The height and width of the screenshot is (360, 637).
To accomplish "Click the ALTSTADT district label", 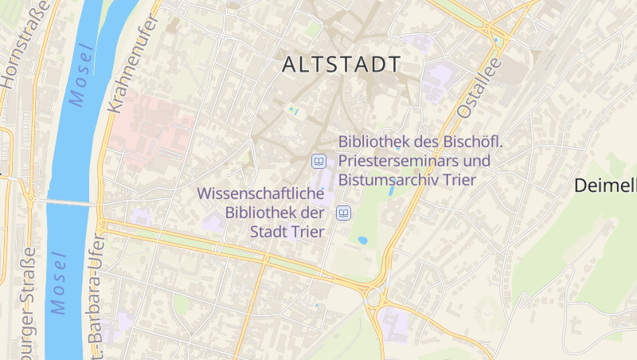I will tap(341, 65).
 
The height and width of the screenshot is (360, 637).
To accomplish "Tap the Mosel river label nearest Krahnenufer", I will tap(81, 74).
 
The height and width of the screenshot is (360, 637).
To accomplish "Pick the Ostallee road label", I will tap(478, 88).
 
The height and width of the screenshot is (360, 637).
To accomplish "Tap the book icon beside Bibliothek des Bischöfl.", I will tap(318, 161).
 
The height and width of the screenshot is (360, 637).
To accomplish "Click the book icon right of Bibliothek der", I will tap(344, 213).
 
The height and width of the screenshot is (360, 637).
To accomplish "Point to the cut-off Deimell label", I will tap(605, 186).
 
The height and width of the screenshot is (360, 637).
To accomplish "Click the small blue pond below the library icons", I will tap(363, 241).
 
